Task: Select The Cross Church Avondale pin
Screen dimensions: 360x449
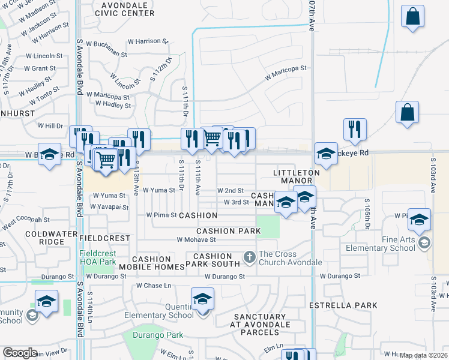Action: pyautogui.click(x=250, y=258)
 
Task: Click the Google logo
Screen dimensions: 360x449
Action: pyautogui.click(x=20, y=353)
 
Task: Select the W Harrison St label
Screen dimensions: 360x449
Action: pyautogui.click(x=148, y=41)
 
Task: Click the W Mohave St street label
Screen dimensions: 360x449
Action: pyautogui.click(x=196, y=239)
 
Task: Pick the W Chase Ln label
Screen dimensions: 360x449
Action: pyautogui.click(x=154, y=286)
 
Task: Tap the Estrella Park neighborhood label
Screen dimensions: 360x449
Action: pyautogui.click(x=343, y=305)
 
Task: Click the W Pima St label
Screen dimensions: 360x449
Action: pyautogui.click(x=161, y=215)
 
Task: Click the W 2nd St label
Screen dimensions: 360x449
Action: pyautogui.click(x=231, y=190)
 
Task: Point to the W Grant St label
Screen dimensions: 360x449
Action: pyautogui.click(x=40, y=68)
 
